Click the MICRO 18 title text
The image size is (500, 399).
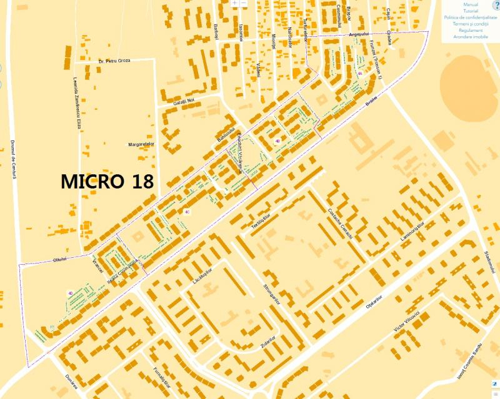point(108,181)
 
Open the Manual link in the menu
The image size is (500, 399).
point(471,5)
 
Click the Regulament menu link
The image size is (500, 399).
point(471,30)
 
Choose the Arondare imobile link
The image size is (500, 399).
point(471,37)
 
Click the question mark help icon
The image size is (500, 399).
point(496,5)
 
